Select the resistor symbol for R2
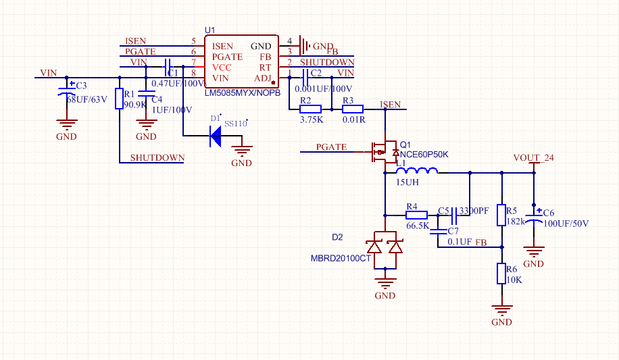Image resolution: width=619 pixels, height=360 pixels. [310, 109]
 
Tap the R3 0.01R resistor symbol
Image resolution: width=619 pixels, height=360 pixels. [353, 109]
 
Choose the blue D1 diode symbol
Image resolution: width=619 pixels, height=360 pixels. [216, 136]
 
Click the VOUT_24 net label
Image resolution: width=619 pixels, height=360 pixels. [533, 158]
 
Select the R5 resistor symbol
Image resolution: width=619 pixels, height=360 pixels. [501, 215]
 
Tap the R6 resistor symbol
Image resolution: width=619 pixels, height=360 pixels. [501, 274]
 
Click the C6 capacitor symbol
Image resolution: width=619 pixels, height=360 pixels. [534, 217]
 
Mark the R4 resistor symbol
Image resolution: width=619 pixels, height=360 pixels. [416, 215]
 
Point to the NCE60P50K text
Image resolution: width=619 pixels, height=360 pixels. [424, 155]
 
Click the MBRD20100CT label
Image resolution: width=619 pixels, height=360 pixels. [341, 258]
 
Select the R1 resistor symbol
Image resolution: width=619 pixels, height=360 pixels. [120, 99]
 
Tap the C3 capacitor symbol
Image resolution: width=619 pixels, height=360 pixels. [66, 93]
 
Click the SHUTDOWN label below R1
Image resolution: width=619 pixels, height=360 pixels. [157, 158]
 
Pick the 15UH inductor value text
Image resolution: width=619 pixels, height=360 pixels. [407, 182]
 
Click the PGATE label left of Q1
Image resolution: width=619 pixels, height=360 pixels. [331, 147]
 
